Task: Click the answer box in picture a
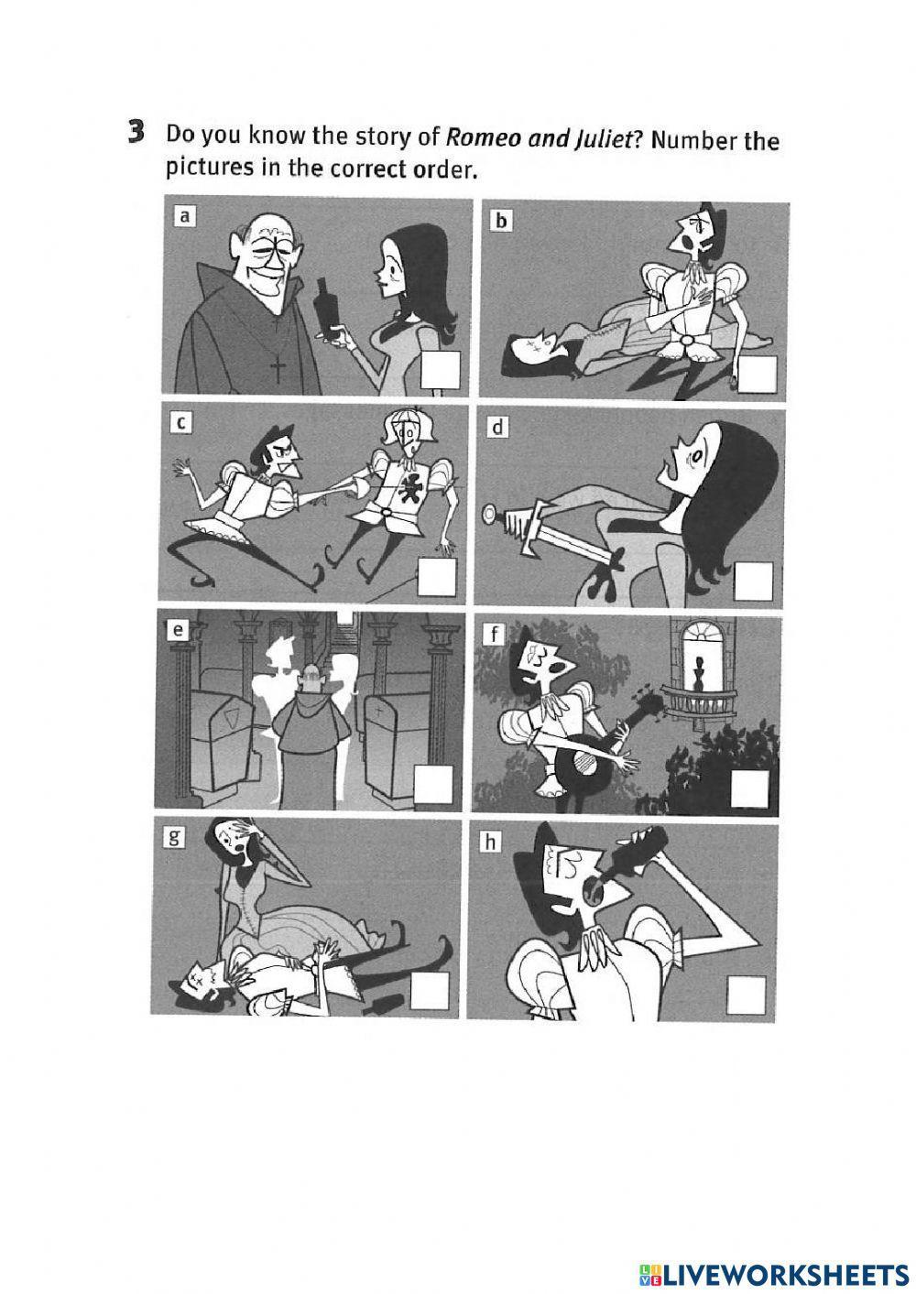pyautogui.click(x=441, y=370)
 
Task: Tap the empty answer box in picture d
pyautogui.click(x=754, y=581)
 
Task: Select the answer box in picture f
pyautogui.click(x=749, y=788)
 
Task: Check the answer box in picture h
pyautogui.click(x=747, y=995)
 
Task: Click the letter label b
pyautogui.click(x=501, y=222)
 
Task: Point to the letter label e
pyautogui.click(x=178, y=630)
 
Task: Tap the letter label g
pyautogui.click(x=171, y=838)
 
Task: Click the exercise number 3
pyautogui.click(x=136, y=134)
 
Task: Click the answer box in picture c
pyautogui.click(x=437, y=577)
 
